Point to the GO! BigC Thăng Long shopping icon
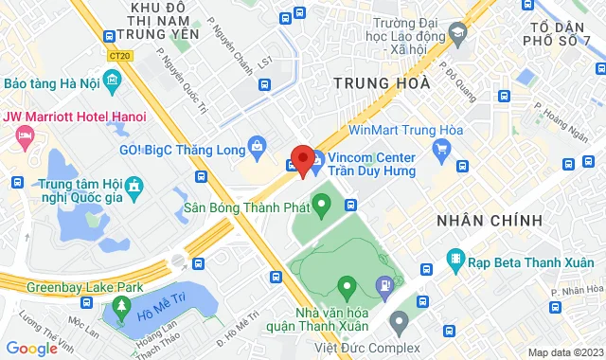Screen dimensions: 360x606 coord(257,146)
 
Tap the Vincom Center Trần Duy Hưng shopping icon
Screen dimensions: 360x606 coord(319,157)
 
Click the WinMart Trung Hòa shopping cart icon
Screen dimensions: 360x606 coord(440,148)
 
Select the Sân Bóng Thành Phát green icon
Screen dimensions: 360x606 coord(321,202)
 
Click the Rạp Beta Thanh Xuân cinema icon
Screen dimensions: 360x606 coord(456,258)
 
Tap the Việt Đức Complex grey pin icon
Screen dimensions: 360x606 coord(399,321)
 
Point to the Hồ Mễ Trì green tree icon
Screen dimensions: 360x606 coord(120,305)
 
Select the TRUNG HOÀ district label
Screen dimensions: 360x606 coord(383,83)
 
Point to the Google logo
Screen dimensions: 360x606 coord(30,349)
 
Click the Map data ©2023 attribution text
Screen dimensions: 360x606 coord(564,352)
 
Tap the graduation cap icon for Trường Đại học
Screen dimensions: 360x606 coord(458,34)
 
